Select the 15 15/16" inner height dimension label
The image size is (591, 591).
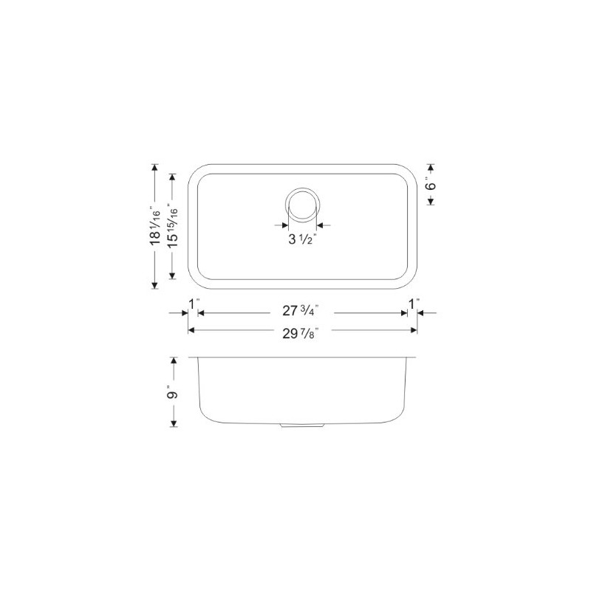pos(173,226)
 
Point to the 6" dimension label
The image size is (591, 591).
pos(431,185)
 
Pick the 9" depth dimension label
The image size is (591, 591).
pos(174,392)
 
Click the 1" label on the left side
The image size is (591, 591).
pos(194,302)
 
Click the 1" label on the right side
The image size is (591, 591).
pos(413,302)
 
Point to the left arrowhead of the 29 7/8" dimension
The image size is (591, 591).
pos(193,330)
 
